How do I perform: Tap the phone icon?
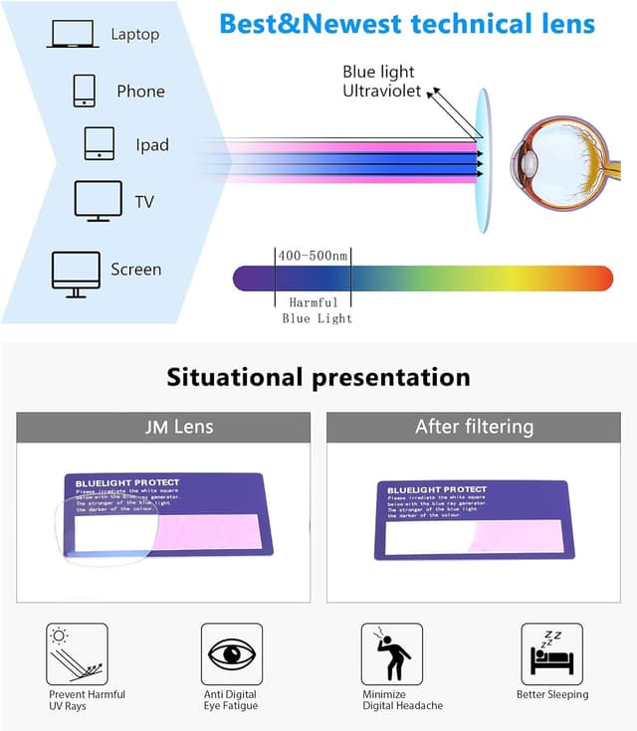tap(84, 91)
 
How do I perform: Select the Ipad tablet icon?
tap(99, 144)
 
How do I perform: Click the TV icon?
tap(98, 201)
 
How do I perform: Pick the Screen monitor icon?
tap(76, 274)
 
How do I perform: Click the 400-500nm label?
tap(313, 256)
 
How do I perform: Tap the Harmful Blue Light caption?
tap(314, 310)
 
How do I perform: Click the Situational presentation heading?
tap(318, 378)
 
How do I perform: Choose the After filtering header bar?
tap(474, 428)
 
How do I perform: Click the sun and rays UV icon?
tap(77, 653)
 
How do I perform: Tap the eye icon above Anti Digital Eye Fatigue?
tap(232, 653)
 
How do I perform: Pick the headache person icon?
tap(391, 653)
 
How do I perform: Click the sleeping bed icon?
tap(551, 653)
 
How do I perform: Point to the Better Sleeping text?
tap(551, 694)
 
